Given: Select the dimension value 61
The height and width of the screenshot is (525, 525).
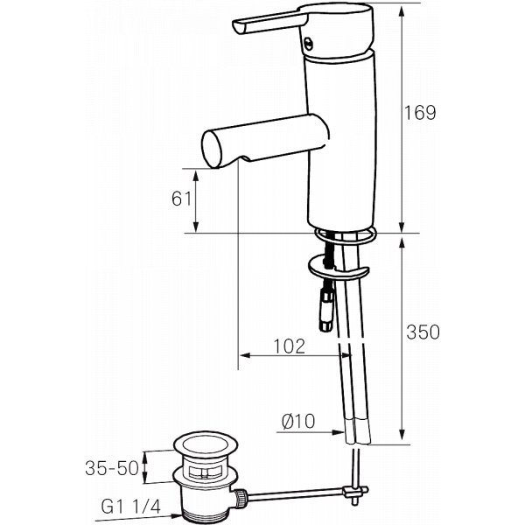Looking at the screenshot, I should point(181,199).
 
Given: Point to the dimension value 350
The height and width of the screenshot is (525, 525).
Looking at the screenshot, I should point(421,332).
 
